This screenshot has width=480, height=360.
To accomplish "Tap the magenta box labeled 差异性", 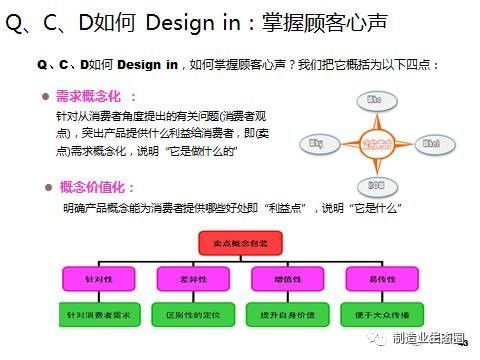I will [x=190, y=277].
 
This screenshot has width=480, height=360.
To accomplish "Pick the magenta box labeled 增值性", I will [x=288, y=277].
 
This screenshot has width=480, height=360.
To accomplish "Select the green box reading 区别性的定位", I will [x=190, y=315].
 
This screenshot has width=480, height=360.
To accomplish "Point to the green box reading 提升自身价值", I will [x=288, y=315].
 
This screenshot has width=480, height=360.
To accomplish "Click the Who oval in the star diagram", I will [x=375, y=101].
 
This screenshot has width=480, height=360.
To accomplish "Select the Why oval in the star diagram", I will [x=318, y=144].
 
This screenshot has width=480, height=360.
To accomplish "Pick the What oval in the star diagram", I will [x=432, y=144].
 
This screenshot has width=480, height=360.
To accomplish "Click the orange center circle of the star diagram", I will [x=375, y=143].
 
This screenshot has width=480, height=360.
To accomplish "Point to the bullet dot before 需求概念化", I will [x=47, y=97].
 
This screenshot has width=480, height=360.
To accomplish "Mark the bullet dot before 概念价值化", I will [x=47, y=187].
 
